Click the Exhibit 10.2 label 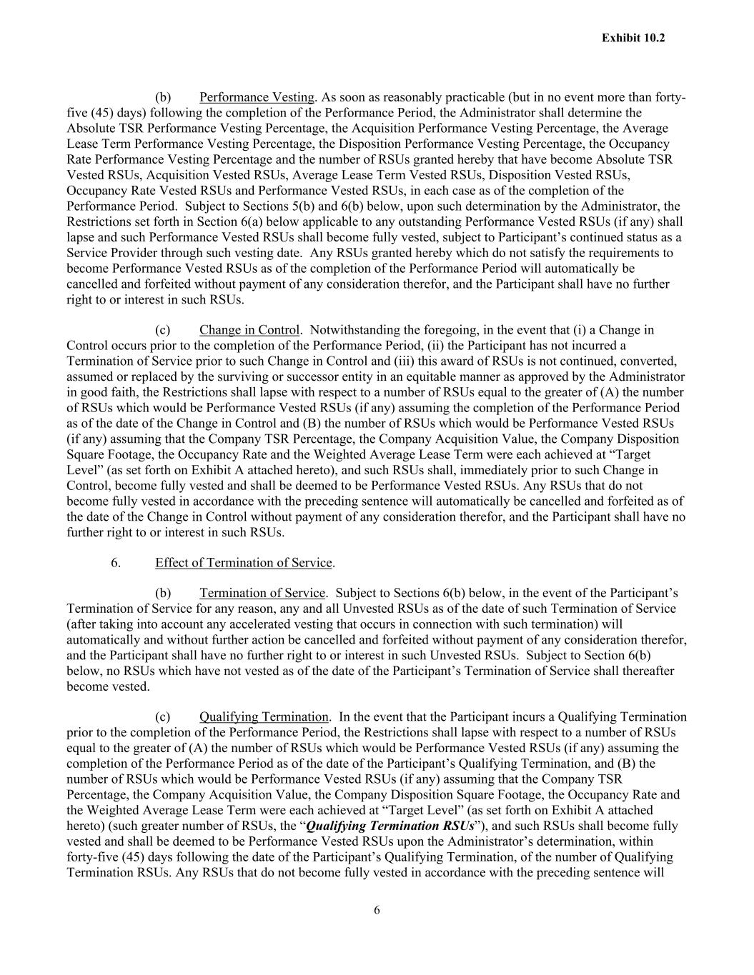pyautogui.click(x=633, y=38)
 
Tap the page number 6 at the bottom pyautogui.click(x=377, y=910)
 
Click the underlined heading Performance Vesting pyautogui.click(x=257, y=97)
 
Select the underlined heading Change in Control pyautogui.click(x=249, y=330)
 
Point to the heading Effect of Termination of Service pyautogui.click(x=244, y=563)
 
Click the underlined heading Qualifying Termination pyautogui.click(x=264, y=717)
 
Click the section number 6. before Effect pyautogui.click(x=116, y=563)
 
